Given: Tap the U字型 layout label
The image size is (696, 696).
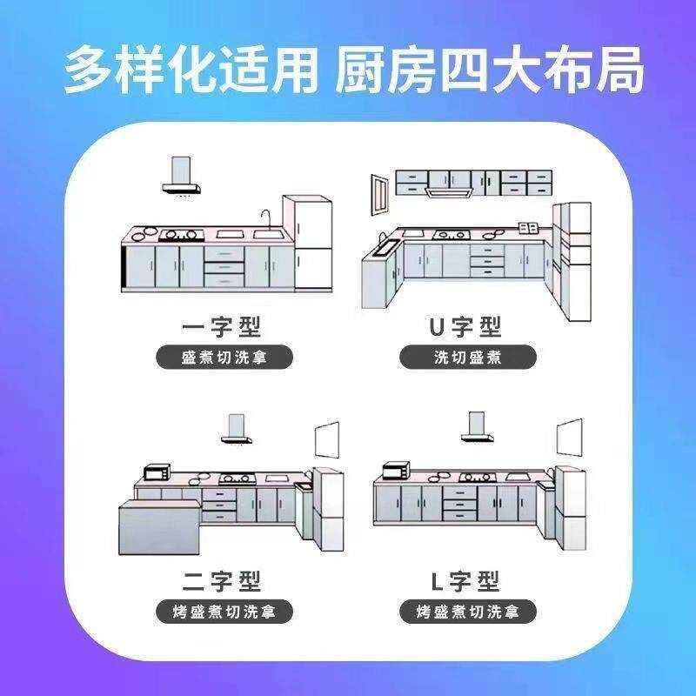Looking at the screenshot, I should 465,327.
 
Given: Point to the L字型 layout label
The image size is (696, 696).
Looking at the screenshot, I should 465,580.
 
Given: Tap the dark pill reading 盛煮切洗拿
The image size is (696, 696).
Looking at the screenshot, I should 224,358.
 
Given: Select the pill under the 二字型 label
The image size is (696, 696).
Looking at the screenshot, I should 224,612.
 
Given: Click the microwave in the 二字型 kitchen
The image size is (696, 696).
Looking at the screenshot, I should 157,472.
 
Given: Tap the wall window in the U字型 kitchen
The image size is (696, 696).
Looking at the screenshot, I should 380,192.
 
